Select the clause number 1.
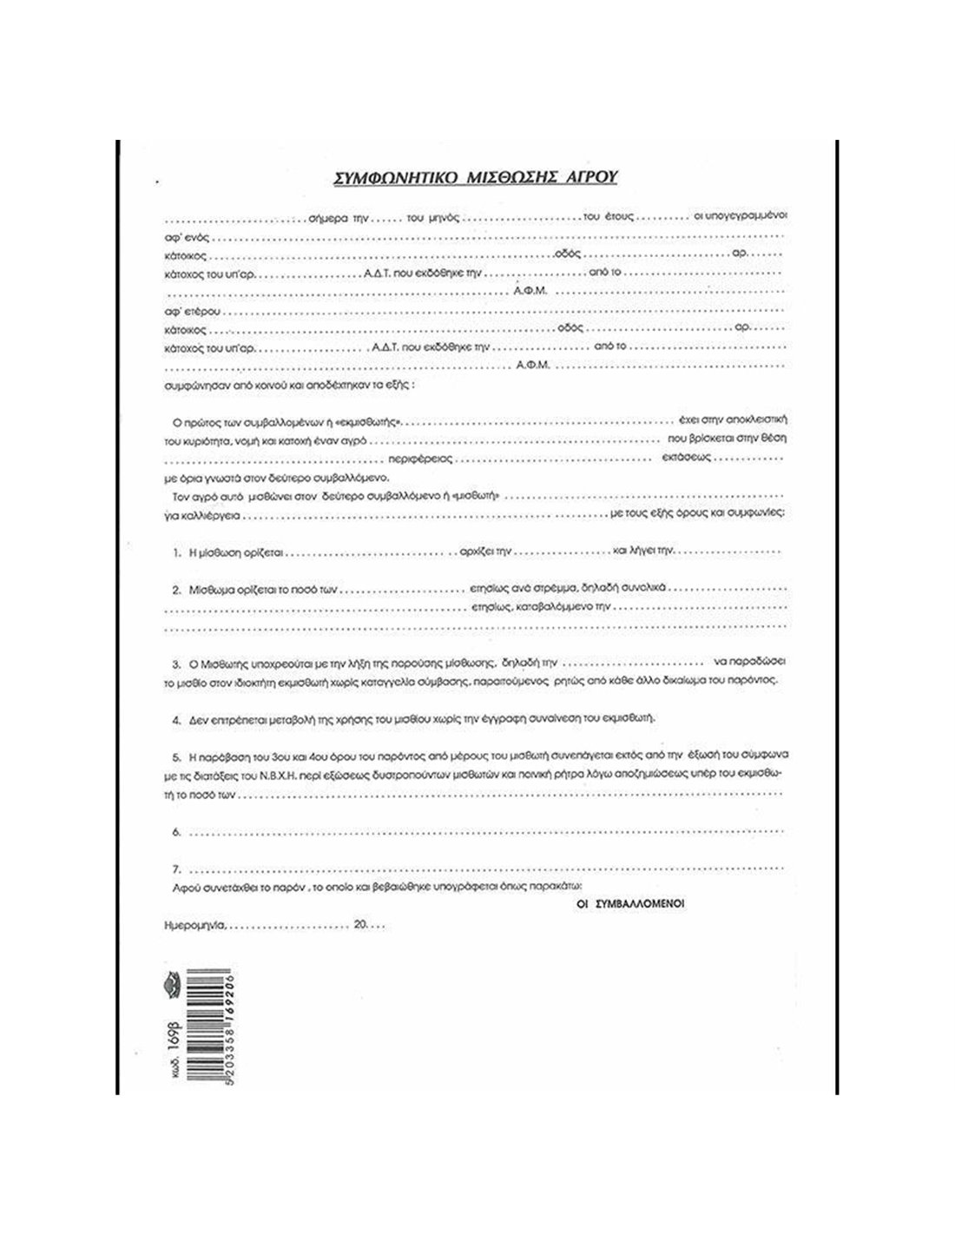(x=176, y=551)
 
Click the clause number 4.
(x=176, y=720)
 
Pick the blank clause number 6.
(x=176, y=832)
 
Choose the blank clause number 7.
(x=176, y=869)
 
